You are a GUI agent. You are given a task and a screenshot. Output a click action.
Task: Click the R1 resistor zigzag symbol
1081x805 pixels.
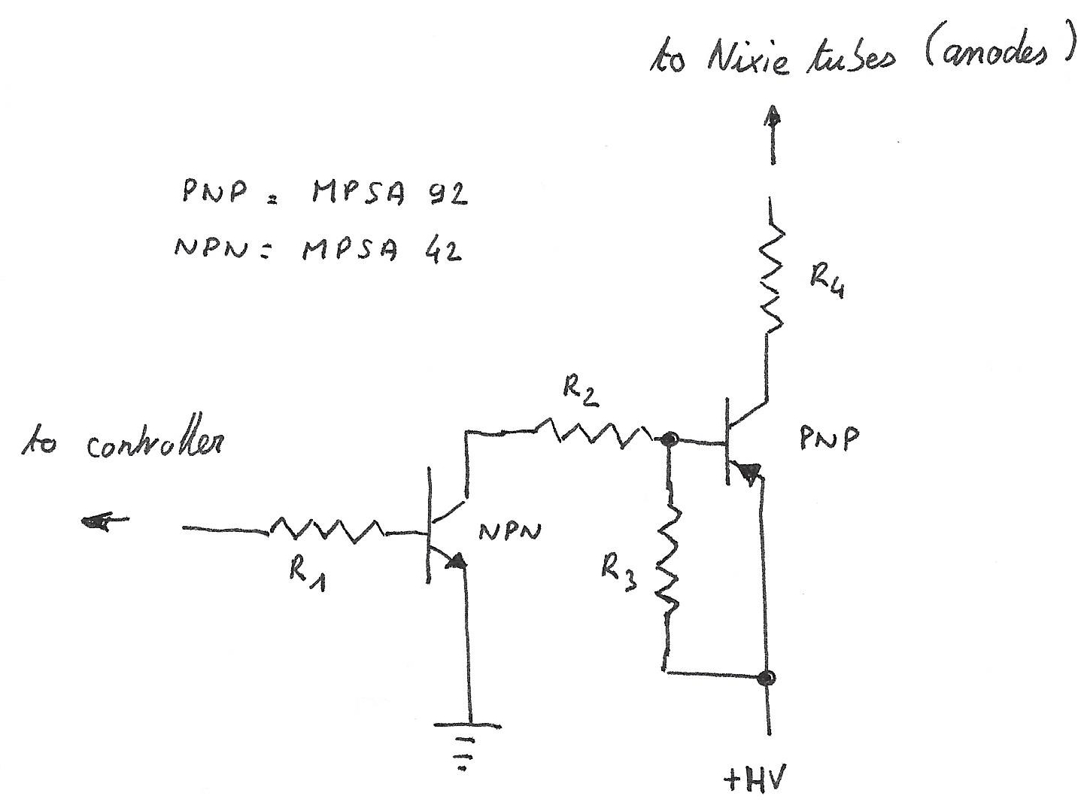(327, 530)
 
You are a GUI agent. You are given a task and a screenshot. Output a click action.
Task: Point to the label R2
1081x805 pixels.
(581, 392)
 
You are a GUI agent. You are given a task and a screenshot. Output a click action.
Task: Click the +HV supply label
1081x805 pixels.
(753, 780)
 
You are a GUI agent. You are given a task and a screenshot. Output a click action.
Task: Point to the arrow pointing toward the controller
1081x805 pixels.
(105, 520)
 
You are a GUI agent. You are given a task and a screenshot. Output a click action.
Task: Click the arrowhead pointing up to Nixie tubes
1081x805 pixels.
(773, 119)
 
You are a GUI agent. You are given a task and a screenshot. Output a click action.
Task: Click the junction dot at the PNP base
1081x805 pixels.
(667, 439)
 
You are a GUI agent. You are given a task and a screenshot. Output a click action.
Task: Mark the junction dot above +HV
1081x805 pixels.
(767, 678)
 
